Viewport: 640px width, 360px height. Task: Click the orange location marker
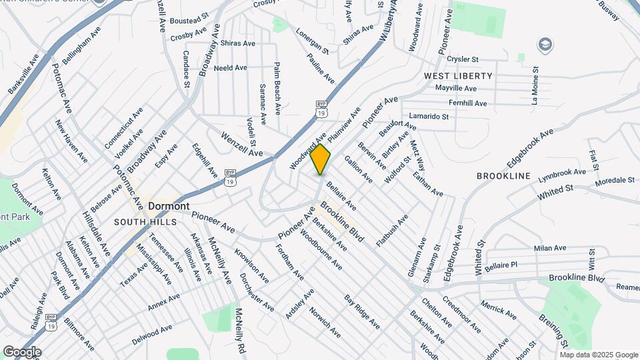coord(321,159)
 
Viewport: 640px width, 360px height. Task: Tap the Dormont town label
coord(169,206)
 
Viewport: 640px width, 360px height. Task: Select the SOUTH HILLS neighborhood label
coord(145,222)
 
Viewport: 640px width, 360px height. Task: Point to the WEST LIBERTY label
coord(459,76)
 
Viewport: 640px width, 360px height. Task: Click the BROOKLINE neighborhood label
coord(503,176)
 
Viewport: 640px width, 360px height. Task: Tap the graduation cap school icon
coord(545,44)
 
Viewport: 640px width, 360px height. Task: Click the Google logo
coord(22,352)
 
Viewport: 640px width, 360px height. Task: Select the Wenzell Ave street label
coord(242,144)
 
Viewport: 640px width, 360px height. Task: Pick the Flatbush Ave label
coord(392,231)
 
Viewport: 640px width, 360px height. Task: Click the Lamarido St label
coord(429,116)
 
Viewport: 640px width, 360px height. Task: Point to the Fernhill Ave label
coord(467,103)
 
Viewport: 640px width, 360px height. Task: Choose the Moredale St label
coord(615,181)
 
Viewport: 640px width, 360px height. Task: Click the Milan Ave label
coord(550,248)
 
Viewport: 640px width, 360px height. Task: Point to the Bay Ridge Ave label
coord(362,313)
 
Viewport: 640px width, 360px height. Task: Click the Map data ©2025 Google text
coord(599,354)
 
